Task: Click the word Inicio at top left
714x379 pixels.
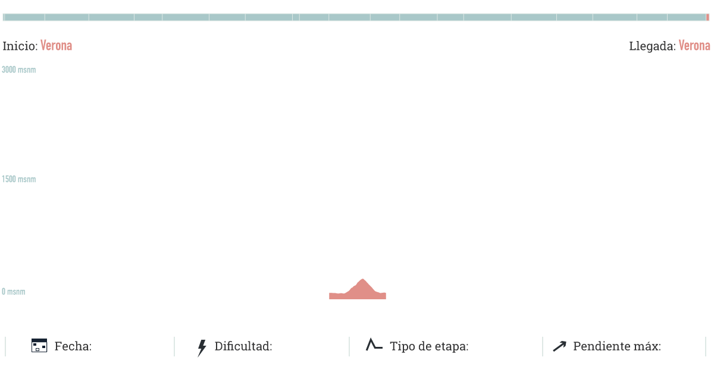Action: [x=20, y=46]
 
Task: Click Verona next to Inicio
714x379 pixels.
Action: [x=57, y=46]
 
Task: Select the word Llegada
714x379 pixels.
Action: [x=652, y=46]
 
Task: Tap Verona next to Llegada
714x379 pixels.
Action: [x=694, y=46]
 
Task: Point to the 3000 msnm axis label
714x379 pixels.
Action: [x=18, y=70]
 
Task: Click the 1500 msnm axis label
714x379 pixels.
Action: [x=18, y=180]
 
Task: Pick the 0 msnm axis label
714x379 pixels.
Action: [x=13, y=292]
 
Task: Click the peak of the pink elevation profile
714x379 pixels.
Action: [x=362, y=279]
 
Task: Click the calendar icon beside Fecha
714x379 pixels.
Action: [x=39, y=346]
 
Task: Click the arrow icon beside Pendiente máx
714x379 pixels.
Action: [x=559, y=346]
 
